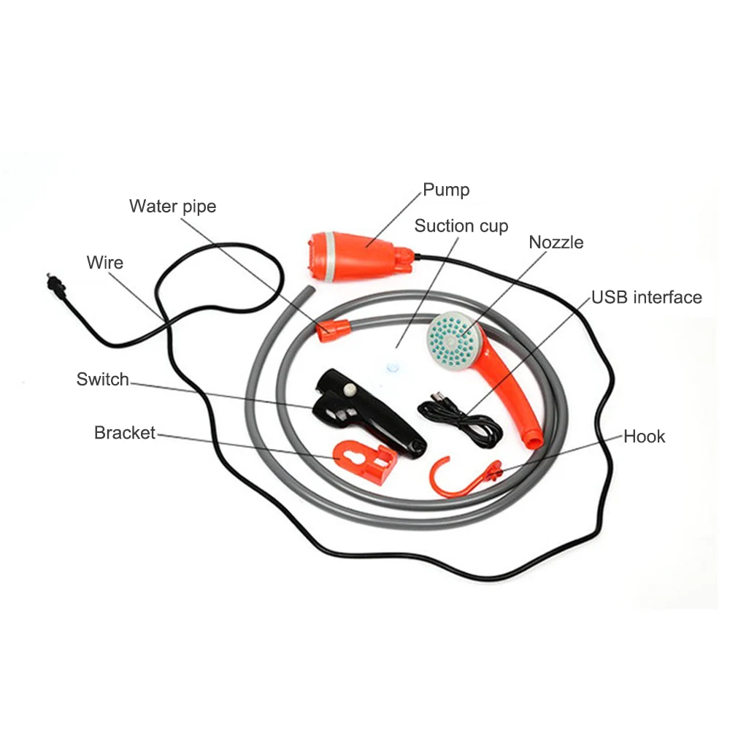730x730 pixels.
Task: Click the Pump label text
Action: coord(446,191)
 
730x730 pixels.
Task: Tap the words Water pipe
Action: coord(172,207)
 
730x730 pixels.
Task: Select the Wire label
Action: coord(105,263)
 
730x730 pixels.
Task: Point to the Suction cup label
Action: coord(461,226)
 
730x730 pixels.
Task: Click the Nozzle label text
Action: coord(556,242)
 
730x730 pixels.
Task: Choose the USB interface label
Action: coord(646,297)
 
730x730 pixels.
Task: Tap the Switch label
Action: coord(102,380)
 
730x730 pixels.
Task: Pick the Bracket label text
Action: coord(124,433)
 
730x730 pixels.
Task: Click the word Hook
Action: coord(644,437)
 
